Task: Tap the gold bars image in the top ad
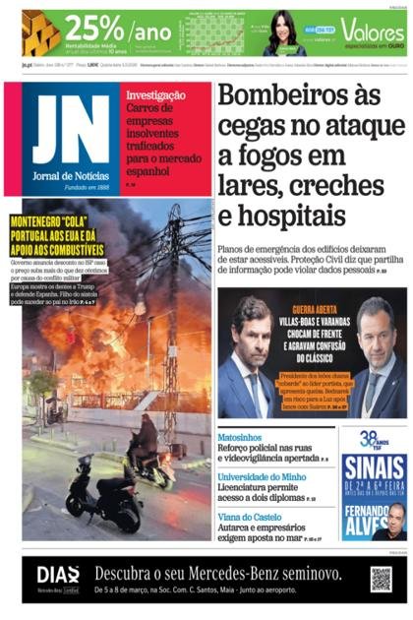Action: [40, 34]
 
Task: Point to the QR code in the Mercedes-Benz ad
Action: [381, 579]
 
